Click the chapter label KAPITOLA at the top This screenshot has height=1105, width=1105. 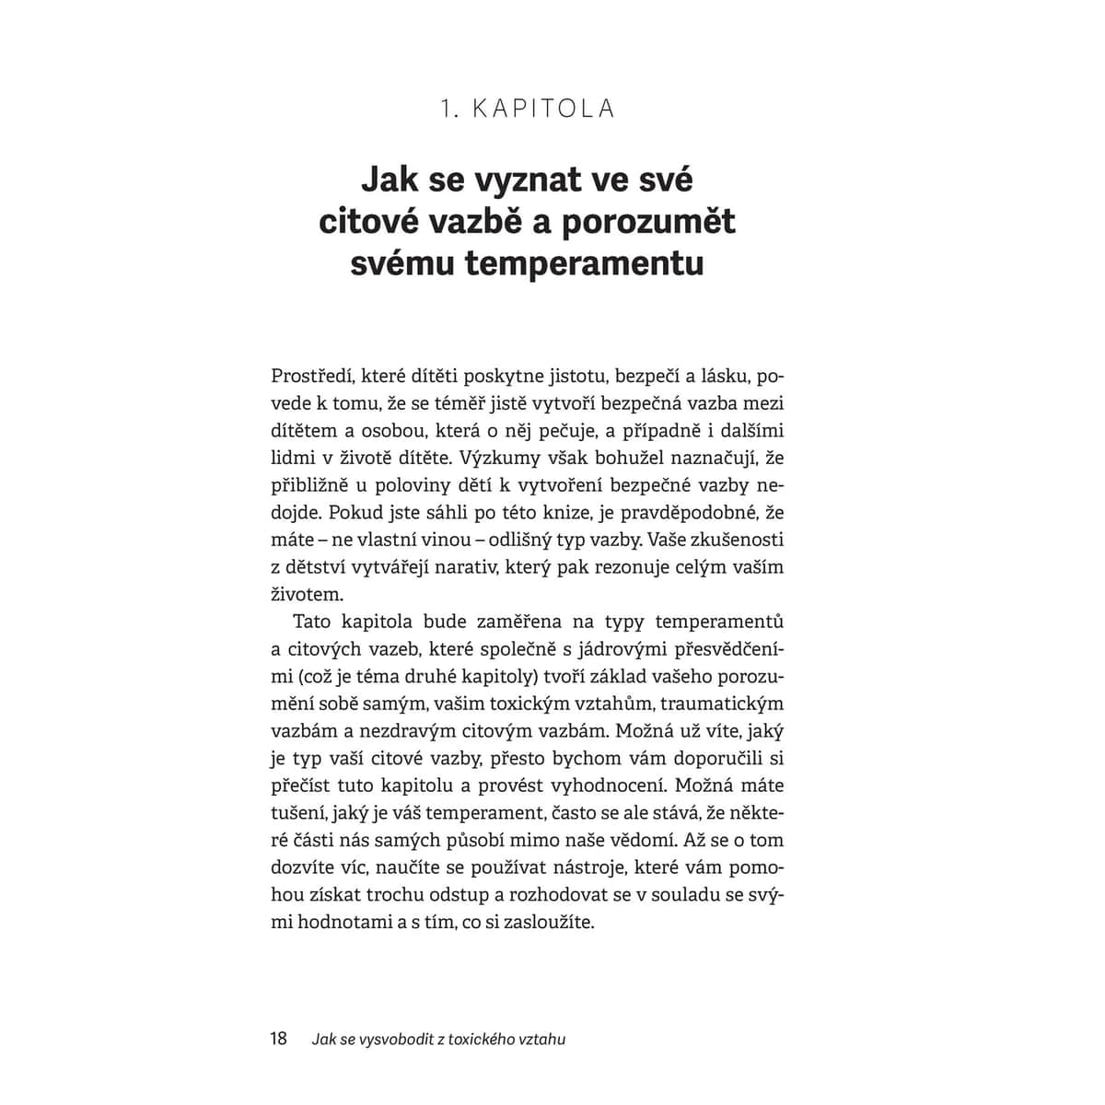(544, 109)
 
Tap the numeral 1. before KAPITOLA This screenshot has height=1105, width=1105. (449, 109)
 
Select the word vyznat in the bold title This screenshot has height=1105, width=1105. (520, 179)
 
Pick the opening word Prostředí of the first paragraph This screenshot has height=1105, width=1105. (311, 377)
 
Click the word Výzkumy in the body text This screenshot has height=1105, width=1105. (512, 458)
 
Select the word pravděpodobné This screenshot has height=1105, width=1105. (677, 512)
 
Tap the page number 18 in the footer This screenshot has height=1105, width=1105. (278, 1039)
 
